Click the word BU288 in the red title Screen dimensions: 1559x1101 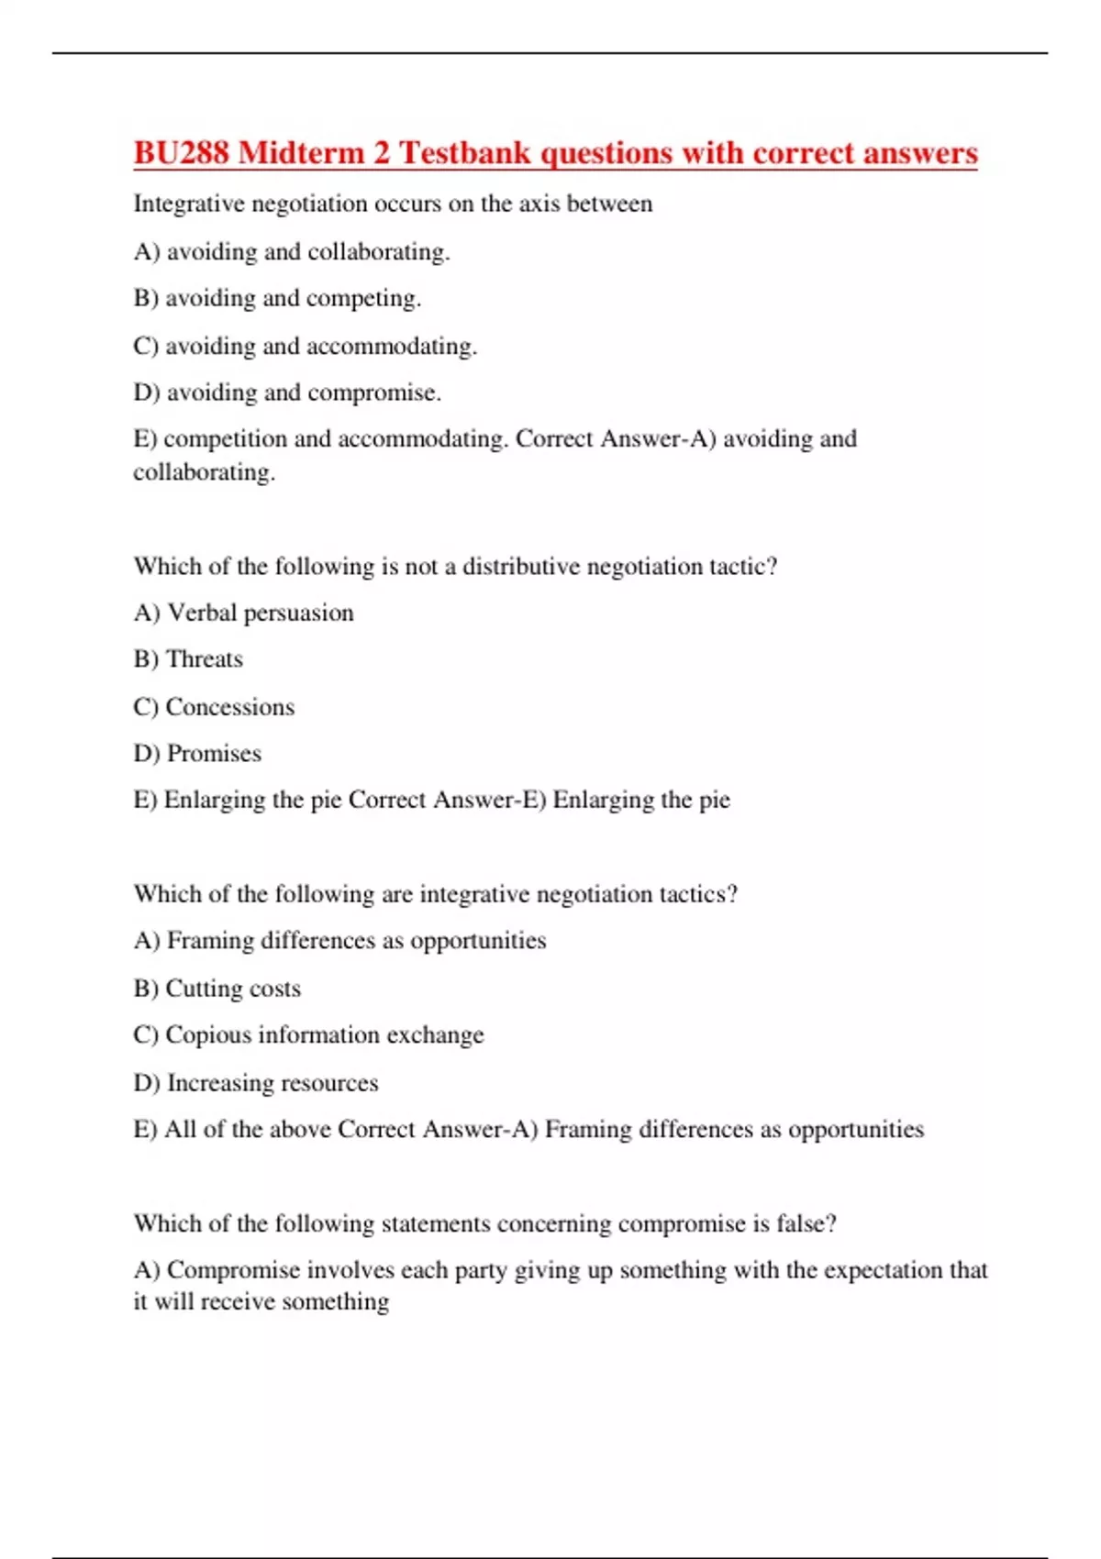181,152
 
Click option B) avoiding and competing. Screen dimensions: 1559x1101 277,298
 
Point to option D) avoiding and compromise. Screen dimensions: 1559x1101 287,393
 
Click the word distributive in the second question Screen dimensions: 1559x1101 520,567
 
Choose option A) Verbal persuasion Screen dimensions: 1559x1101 243,613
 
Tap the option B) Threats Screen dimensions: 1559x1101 188,659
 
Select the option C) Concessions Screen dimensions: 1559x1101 214,707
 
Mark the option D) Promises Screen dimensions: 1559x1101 197,754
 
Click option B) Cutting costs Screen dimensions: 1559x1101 217,989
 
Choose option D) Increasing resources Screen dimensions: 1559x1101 255,1083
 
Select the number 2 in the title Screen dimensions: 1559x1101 382,152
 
